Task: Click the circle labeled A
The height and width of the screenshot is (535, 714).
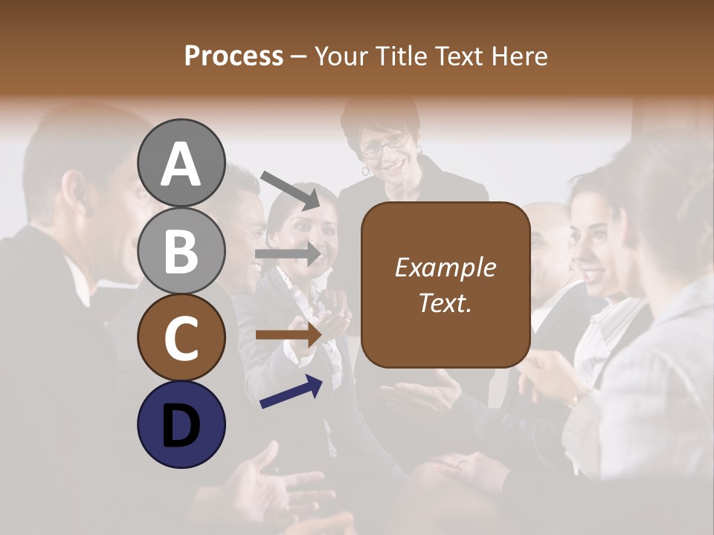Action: click(x=181, y=163)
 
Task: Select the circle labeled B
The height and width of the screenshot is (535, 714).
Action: click(x=181, y=250)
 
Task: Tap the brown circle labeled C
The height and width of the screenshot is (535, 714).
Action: click(x=181, y=337)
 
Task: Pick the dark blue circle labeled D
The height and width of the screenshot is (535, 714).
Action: click(x=181, y=424)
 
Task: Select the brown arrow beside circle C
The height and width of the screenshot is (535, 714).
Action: click(x=288, y=335)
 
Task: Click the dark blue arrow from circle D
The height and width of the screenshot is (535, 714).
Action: click(x=291, y=392)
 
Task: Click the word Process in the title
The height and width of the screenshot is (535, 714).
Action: click(x=234, y=56)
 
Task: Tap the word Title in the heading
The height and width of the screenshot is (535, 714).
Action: click(x=402, y=56)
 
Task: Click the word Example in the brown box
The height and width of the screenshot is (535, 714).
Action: click(x=445, y=268)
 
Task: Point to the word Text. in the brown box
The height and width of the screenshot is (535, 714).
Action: click(x=445, y=302)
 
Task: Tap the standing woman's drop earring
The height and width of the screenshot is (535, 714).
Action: click(x=365, y=170)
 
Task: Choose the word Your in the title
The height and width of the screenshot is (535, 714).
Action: click(x=338, y=56)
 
